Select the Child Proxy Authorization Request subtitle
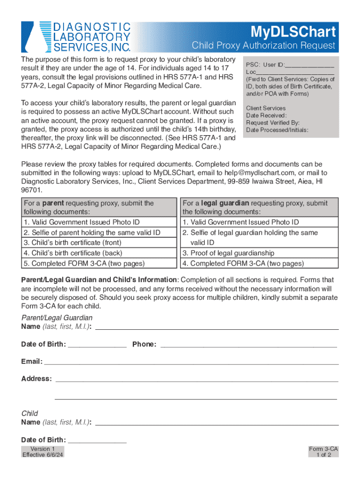coord(264,46)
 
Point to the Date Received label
coord(266,116)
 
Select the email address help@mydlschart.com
coord(252,173)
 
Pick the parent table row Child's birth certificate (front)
coord(72,243)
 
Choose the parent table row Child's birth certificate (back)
coord(72,253)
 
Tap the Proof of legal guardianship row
coord(229,253)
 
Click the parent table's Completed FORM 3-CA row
coord(84,263)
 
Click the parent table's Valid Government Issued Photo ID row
coord(82,222)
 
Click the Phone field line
coord(249,346)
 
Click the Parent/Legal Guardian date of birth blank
coord(97,346)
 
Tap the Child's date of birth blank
coord(97,442)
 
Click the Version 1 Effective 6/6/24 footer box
coord(43,452)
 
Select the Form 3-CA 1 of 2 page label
coord(324,452)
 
